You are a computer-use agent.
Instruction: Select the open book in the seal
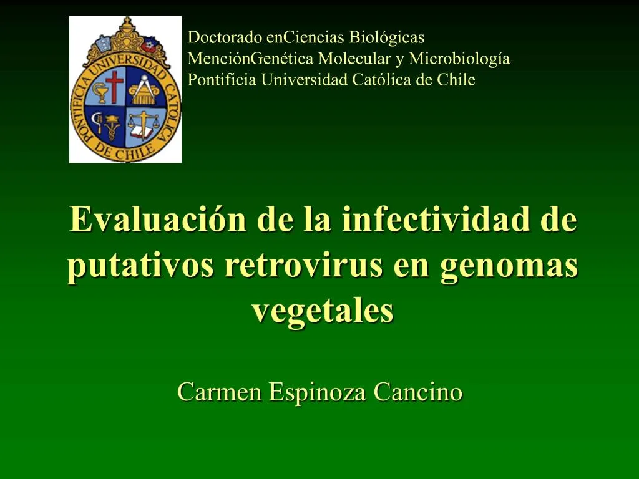pos(143,132)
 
